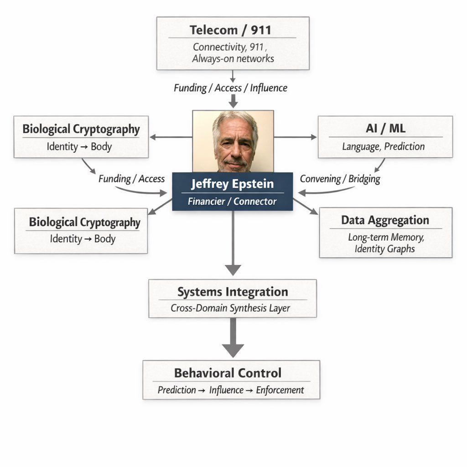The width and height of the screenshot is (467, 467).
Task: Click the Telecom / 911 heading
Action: click(230, 31)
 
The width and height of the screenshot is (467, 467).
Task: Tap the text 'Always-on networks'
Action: click(233, 58)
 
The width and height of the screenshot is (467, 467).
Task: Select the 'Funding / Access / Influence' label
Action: click(230, 88)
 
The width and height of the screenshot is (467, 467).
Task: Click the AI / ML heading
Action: click(385, 129)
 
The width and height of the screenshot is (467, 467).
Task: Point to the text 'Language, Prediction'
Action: click(384, 146)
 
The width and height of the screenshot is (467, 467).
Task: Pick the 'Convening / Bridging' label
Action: click(340, 178)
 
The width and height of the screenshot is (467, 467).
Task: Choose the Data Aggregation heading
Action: click(385, 220)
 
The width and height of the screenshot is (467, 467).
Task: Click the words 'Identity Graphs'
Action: click(384, 249)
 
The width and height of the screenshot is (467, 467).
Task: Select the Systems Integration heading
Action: click(233, 292)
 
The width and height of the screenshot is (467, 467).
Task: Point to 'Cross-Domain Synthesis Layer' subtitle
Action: click(230, 308)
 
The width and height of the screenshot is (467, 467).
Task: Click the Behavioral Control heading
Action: click(228, 373)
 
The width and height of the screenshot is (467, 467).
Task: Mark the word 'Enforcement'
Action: click(280, 390)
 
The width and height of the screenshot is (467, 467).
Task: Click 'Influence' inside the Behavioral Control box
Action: click(226, 390)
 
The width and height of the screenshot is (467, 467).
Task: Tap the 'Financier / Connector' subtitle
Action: click(232, 201)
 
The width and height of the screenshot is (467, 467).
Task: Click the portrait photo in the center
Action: click(233, 141)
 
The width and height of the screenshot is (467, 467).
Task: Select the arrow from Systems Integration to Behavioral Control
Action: click(233, 338)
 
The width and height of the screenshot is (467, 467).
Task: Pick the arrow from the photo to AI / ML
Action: click(295, 137)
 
